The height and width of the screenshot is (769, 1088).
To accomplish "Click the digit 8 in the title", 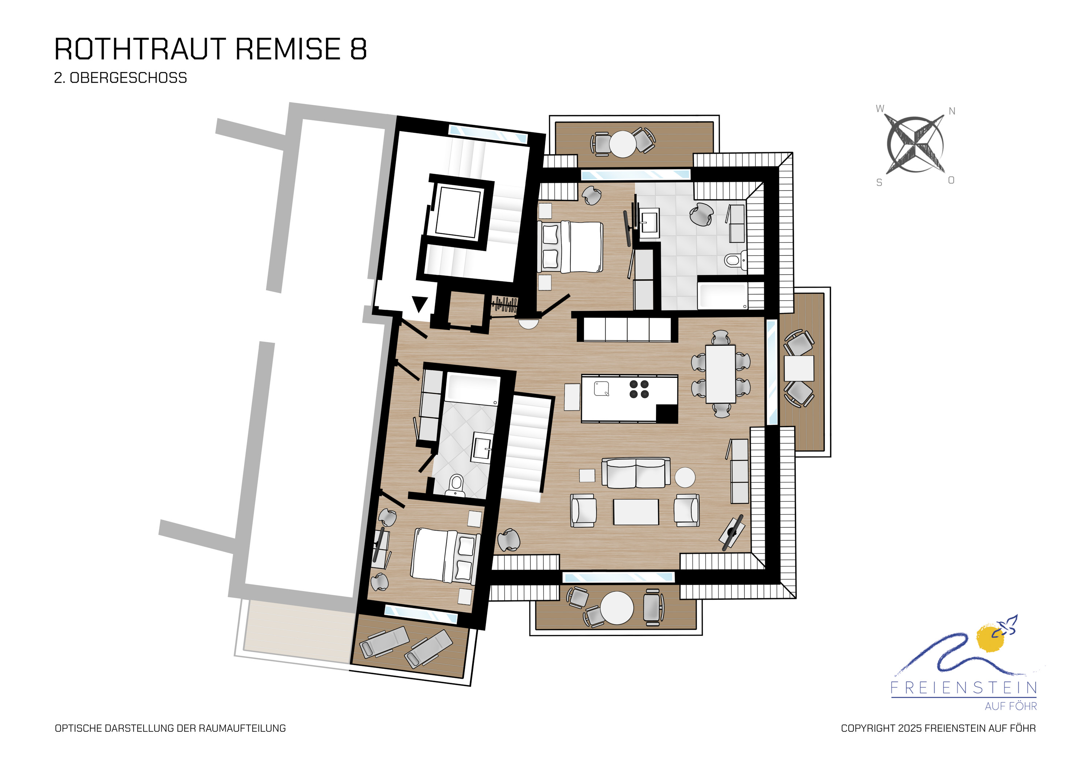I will click(358, 49).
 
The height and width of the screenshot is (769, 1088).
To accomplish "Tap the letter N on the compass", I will click(952, 111).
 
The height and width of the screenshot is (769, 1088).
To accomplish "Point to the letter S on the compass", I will click(879, 183).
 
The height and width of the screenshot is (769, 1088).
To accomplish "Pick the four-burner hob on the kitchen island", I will click(639, 389).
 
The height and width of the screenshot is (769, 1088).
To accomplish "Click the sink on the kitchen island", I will click(601, 389).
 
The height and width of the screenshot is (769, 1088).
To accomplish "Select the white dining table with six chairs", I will click(720, 374).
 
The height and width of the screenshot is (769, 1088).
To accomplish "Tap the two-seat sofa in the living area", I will click(635, 473).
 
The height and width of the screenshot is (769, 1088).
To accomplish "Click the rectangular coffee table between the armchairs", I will click(636, 512).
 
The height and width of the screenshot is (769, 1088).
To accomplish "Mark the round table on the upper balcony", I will click(622, 144).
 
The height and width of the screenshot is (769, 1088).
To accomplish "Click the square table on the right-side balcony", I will click(799, 368).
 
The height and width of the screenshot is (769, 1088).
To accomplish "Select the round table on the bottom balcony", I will click(617, 608).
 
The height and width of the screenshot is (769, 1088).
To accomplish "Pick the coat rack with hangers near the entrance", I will click(504, 304).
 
